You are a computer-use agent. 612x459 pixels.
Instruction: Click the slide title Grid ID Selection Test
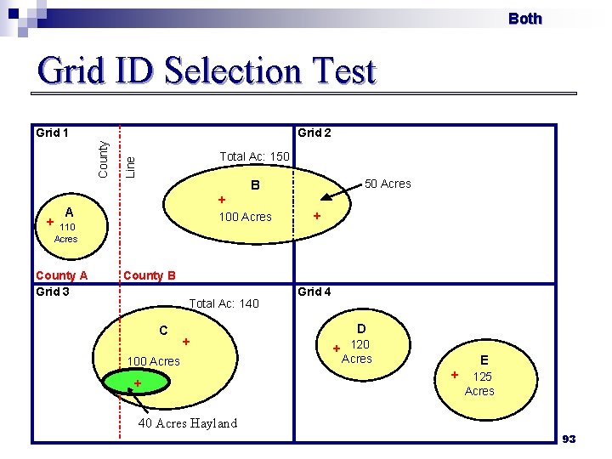tap(206, 71)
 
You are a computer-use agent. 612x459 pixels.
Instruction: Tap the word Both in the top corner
tap(524, 19)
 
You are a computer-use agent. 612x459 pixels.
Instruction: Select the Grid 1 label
tap(52, 133)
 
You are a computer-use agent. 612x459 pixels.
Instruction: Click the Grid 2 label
tap(314, 133)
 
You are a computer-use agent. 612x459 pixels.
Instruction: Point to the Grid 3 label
tap(52, 292)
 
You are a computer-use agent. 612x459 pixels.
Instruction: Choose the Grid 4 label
tap(314, 292)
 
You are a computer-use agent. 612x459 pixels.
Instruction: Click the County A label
tap(61, 275)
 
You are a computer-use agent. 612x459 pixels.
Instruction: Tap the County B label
tap(150, 275)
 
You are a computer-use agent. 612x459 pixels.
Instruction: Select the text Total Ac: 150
tap(254, 156)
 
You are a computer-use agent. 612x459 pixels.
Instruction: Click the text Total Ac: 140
tap(224, 303)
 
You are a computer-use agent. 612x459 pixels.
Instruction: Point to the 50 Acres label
tap(387, 184)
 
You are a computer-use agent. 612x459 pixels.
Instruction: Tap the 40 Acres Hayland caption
tap(188, 423)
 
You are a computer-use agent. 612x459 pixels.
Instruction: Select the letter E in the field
tap(484, 360)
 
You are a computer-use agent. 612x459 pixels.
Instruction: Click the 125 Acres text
tap(480, 383)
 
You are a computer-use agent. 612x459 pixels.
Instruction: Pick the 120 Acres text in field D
tap(358, 352)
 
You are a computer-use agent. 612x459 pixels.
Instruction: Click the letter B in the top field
tap(252, 185)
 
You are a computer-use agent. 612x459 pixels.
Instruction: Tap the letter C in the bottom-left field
tap(163, 330)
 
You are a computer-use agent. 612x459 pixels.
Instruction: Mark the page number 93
tap(569, 439)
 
